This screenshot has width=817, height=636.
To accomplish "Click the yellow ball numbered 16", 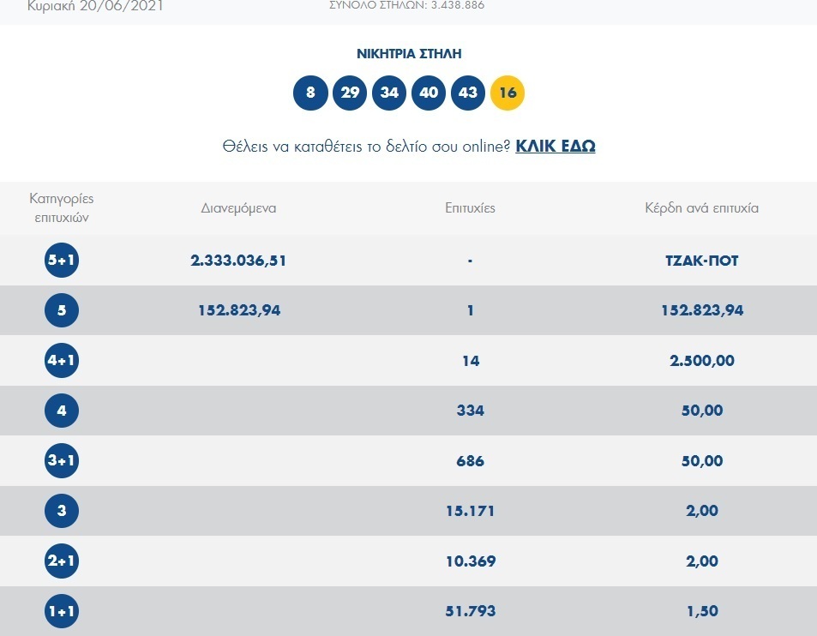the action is tap(508, 93).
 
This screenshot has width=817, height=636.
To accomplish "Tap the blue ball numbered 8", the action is tap(310, 93).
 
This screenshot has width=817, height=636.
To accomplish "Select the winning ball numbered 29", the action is tap(350, 93).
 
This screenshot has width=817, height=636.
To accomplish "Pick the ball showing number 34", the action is tap(389, 93).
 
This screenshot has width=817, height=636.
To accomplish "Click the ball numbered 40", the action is tap(429, 93).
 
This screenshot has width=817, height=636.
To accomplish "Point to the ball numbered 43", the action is tap(468, 93).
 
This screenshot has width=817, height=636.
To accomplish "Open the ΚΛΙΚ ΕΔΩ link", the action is tap(556, 146).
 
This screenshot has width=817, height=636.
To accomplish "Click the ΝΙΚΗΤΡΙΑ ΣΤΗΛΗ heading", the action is tap(409, 54).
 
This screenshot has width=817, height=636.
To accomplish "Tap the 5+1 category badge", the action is tap(62, 260).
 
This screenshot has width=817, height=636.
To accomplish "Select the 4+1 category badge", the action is tap(62, 361).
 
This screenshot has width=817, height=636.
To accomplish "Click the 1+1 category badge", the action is tap(62, 611).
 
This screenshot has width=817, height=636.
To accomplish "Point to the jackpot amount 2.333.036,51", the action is tap(238, 261).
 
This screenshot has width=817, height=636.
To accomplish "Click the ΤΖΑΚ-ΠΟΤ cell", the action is tap(702, 261).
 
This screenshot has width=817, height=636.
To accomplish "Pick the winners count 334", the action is tap(471, 411).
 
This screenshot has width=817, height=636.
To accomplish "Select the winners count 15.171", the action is tap(471, 511).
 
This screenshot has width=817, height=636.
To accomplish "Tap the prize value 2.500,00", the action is tap(702, 361).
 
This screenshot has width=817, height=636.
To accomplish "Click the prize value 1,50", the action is tap(702, 611).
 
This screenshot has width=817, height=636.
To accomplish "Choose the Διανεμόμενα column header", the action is tap(238, 208).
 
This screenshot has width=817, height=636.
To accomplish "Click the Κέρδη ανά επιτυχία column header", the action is tap(702, 208).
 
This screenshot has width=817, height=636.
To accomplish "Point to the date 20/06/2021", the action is tap(122, 6).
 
